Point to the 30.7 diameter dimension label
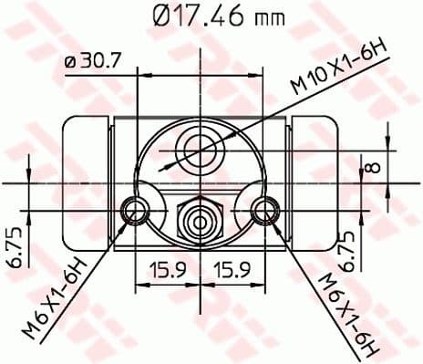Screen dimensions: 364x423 tap(103, 62)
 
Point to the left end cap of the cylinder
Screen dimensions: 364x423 tap(85, 182)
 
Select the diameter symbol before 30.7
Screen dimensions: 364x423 tap(71, 63)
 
